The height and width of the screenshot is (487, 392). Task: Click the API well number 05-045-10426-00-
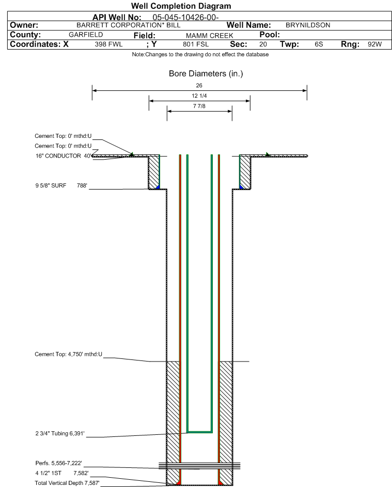185,18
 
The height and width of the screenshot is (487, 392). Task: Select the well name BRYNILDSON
308,25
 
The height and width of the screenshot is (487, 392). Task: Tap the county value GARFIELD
86,35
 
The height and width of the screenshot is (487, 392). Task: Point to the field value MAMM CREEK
209,36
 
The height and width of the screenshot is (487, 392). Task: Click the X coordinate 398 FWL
108,44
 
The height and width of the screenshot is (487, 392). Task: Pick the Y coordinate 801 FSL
196,44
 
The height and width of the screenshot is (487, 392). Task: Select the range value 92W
374,44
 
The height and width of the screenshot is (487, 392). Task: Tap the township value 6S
319,44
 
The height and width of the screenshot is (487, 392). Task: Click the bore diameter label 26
199,85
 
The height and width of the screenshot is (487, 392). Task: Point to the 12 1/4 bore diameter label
199,96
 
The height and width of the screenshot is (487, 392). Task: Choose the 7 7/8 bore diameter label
199,106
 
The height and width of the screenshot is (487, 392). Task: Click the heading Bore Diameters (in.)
206,74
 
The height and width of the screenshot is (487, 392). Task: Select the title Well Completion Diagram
181,6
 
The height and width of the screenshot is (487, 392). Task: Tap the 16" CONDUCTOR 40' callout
64,156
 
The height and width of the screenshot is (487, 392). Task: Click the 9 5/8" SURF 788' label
61,186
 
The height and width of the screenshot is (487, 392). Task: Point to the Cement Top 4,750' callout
68,354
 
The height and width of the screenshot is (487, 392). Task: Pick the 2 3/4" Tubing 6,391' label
60,434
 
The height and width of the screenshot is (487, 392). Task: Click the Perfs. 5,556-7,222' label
59,463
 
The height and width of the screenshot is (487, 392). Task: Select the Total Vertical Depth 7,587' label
67,483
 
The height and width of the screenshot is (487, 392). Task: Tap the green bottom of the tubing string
199,432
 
